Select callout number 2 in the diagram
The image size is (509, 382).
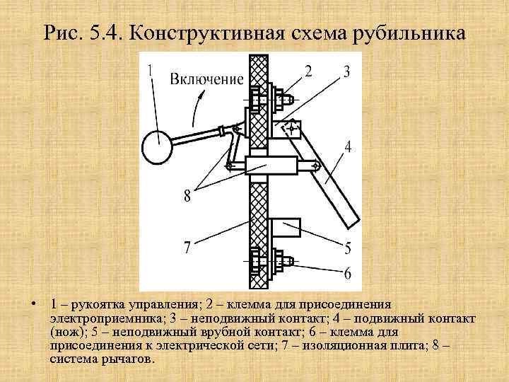[x=309, y=71]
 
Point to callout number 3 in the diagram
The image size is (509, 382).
[x=346, y=71]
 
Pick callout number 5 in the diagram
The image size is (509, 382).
[x=347, y=248]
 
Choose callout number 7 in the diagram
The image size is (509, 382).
[x=187, y=248]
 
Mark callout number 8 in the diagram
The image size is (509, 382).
[x=187, y=196]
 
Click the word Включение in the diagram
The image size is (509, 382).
[x=206, y=79]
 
